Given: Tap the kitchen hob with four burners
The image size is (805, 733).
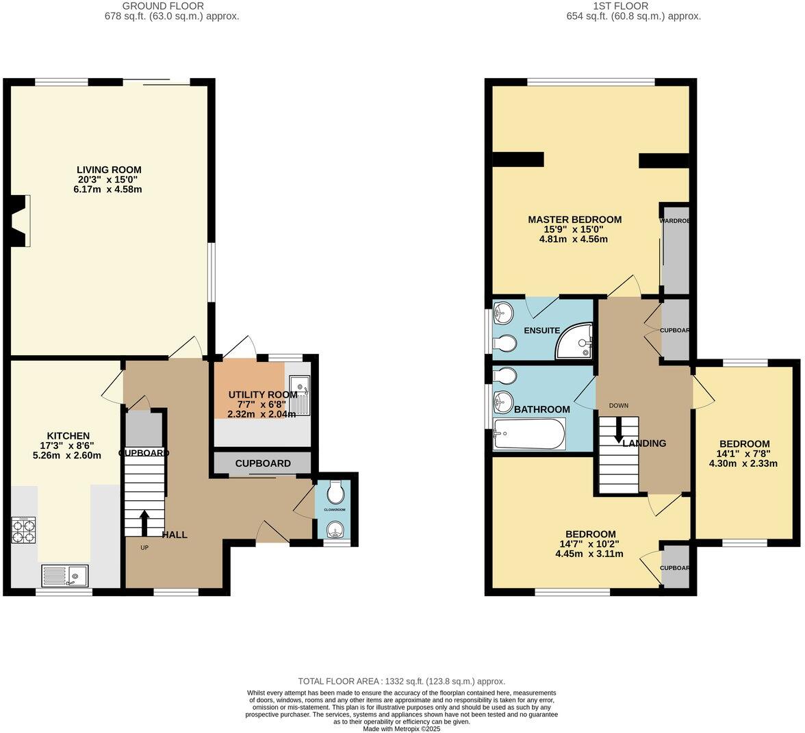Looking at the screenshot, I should pyautogui.click(x=24, y=530).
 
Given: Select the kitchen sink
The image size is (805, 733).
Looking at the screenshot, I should pyautogui.click(x=64, y=575).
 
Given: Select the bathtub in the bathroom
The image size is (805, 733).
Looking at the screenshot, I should pyautogui.click(x=528, y=434).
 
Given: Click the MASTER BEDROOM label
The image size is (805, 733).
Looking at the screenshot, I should pyautogui.click(x=574, y=220).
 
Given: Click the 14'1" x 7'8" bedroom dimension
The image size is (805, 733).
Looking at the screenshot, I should pyautogui.click(x=743, y=454).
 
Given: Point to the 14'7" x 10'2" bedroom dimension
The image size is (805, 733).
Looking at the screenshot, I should pyautogui.click(x=589, y=544).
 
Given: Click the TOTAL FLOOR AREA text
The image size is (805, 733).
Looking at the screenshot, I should pyautogui.click(x=402, y=681).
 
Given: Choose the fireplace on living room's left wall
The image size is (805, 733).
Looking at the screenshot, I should pyautogui.click(x=21, y=220).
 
